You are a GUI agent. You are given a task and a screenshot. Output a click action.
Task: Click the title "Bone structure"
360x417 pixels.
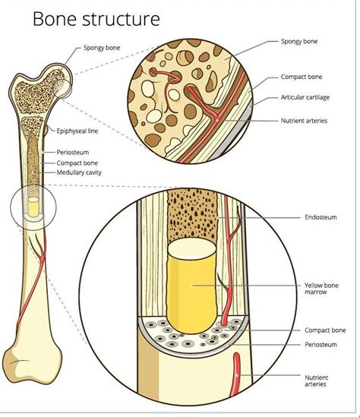point(96,19)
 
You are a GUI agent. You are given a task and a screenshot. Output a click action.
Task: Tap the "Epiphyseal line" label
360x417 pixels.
point(77,131)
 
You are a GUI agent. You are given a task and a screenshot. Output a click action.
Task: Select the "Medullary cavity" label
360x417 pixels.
point(79,172)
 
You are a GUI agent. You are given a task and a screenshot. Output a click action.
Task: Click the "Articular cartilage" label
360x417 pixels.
point(305,97)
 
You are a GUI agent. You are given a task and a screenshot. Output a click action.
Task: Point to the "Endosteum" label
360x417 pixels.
point(321,217)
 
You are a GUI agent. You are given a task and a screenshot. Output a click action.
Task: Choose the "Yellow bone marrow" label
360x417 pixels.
point(321,289)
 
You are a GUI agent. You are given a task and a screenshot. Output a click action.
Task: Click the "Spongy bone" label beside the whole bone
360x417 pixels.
point(102,48)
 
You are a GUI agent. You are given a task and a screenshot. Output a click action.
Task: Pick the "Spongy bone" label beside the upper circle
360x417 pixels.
point(299,42)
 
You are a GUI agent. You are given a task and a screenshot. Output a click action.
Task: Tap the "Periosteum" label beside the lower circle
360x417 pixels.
point(321,345)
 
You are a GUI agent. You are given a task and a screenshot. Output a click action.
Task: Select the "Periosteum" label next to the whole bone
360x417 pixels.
point(73,153)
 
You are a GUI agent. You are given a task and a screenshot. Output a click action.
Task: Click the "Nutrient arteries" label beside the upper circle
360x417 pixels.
point(304,121)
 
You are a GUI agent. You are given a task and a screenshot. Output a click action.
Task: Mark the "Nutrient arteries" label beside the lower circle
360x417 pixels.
point(316,381)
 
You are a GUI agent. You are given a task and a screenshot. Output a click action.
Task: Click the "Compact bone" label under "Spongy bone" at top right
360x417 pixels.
point(302,77)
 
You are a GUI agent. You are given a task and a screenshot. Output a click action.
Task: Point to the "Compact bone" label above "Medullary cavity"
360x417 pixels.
point(77,163)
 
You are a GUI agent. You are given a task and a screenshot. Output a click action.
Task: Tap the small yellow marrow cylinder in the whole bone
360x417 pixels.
point(33,207)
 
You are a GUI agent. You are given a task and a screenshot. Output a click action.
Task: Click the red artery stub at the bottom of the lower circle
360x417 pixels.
point(236,374)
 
